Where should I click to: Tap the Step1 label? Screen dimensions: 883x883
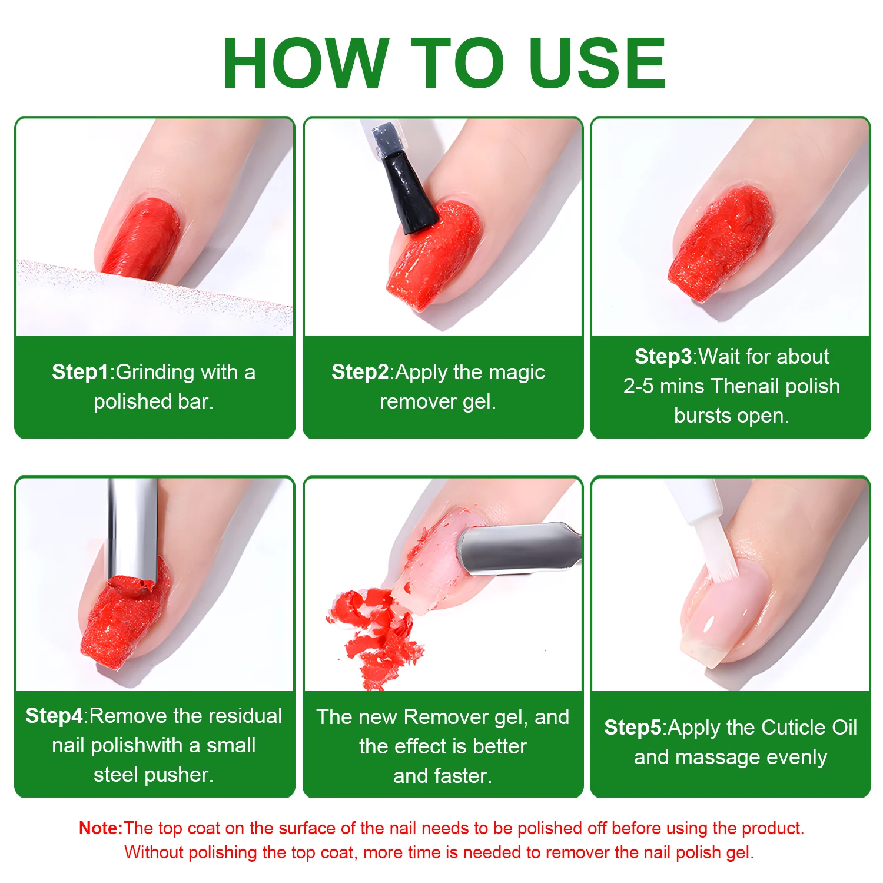click(80, 372)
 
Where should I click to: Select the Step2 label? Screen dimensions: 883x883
click(360, 372)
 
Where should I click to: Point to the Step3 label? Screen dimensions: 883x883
click(663, 357)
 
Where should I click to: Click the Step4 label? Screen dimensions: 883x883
click(54, 716)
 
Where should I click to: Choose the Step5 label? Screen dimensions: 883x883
click(633, 728)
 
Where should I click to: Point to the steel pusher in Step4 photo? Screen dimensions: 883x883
click(132, 530)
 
